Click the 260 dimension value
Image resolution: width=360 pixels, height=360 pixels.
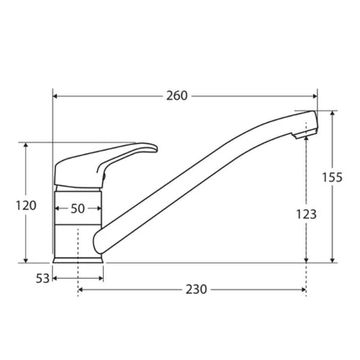176,95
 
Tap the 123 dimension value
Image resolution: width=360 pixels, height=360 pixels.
306,214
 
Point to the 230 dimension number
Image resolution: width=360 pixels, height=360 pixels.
195,290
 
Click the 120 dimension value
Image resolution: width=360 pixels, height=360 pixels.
28,205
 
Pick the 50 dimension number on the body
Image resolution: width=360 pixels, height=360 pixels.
78,208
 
